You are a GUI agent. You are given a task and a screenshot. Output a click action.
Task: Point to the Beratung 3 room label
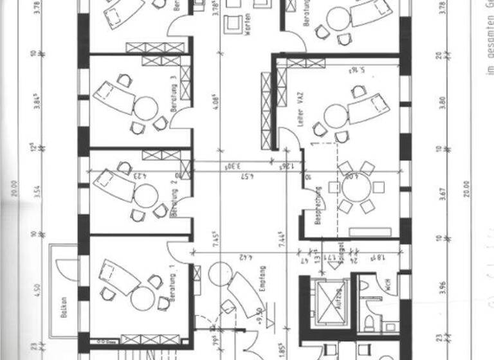(174, 95)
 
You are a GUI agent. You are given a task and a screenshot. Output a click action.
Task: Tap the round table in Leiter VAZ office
(336, 116)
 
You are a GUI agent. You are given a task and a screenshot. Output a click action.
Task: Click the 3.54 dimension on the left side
(38, 193)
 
